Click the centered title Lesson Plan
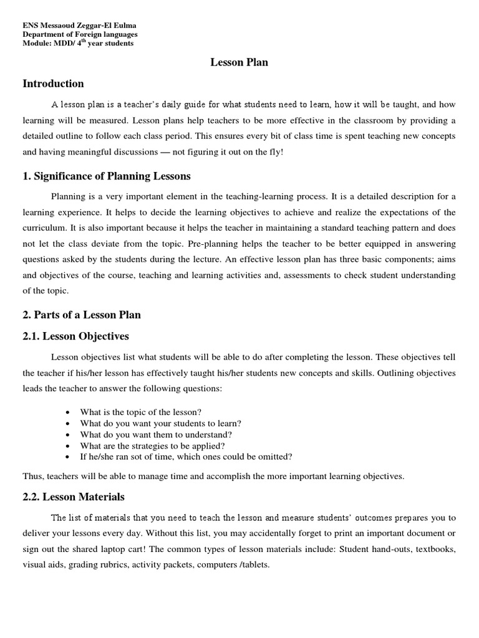pos(239,62)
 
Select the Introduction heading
pos(53,83)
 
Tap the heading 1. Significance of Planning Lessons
pos(107,176)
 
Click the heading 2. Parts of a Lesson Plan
pos(82,315)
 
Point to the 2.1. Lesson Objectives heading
pos(75,336)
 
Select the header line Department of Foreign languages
pos(80,34)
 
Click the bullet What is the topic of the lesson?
pos(141,412)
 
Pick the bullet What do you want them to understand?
pos(156,434)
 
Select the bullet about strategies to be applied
pos(152,445)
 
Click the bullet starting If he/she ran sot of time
pos(186,457)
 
